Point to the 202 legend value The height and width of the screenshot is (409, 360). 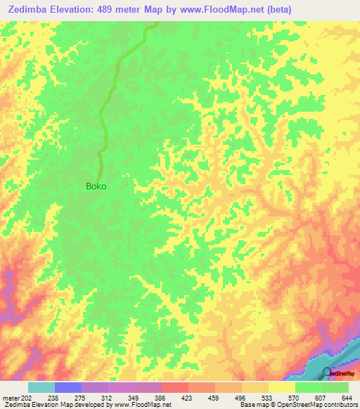(26, 397)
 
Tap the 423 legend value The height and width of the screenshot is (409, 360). (188, 397)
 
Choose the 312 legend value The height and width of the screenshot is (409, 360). (108, 397)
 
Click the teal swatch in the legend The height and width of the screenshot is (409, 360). (41, 387)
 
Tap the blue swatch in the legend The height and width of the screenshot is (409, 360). (67, 387)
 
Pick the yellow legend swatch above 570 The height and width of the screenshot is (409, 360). (281, 387)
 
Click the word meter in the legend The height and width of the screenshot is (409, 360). (10, 397)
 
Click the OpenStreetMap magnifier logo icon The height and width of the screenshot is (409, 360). (327, 372)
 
